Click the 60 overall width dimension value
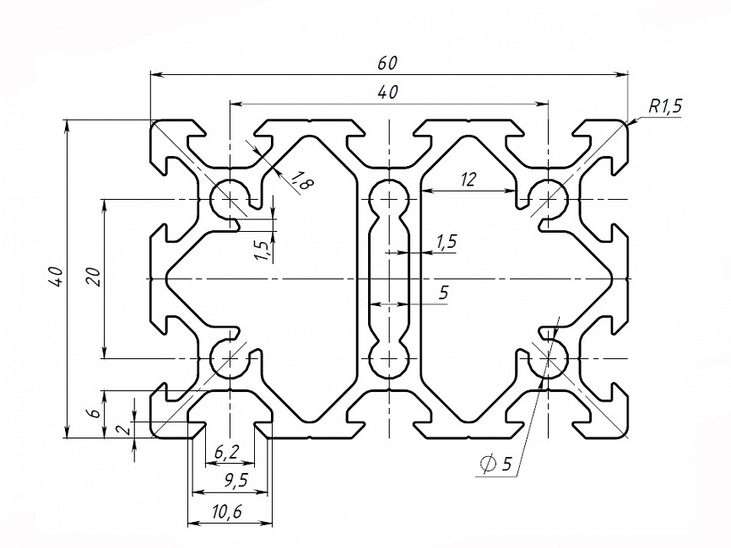coord(387,63)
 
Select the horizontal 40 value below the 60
coord(387,92)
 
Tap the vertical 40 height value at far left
coord(55,277)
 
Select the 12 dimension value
coord(468,178)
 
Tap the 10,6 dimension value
coord(226,511)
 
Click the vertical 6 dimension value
coord(95,412)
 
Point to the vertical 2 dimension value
coord(127,430)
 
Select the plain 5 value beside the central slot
coord(444,293)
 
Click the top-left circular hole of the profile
coord(229,199)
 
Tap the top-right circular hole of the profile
coord(550,199)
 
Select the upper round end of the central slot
coord(388,199)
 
